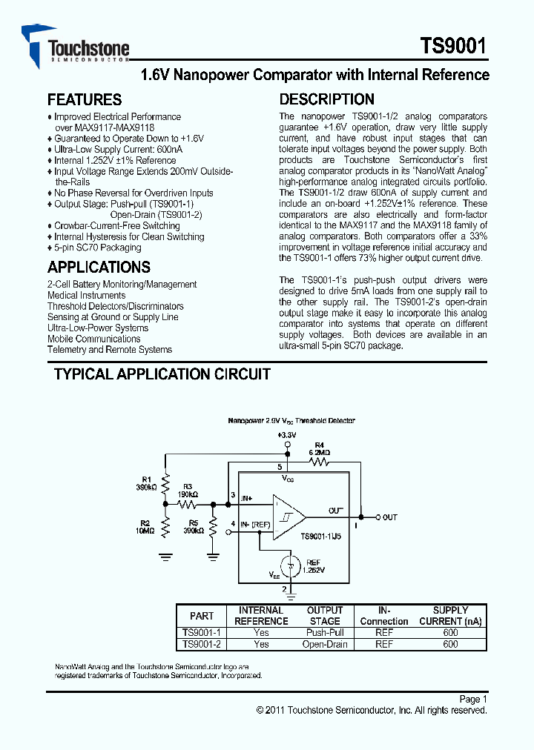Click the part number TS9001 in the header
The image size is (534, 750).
[453, 47]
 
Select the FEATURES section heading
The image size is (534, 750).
[84, 99]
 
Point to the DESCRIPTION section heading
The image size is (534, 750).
[326, 99]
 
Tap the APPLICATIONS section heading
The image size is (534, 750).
[99, 268]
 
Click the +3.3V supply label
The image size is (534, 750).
[287, 434]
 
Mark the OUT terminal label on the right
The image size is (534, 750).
[389, 517]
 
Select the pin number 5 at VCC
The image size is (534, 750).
[280, 467]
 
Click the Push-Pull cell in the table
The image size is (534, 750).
[325, 633]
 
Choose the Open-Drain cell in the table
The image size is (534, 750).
[325, 645]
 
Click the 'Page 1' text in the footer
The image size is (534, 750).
[472, 699]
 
